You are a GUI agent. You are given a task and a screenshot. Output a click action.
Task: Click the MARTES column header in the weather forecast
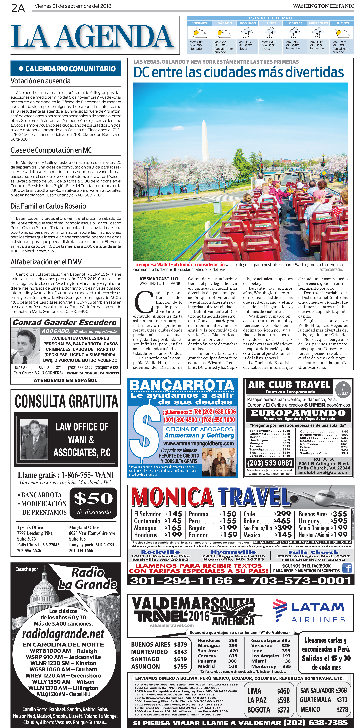pyautogui.click(x=295, y=23)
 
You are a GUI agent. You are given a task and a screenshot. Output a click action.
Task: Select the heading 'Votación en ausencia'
pyautogui.click(x=40, y=81)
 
